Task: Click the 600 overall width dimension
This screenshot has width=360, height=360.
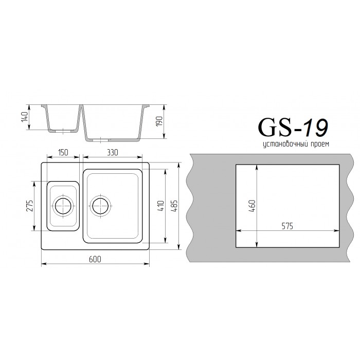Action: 95,259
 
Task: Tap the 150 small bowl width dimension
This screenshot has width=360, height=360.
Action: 63,152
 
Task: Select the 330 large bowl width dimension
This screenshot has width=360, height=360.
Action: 113,152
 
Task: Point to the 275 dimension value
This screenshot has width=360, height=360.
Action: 30,206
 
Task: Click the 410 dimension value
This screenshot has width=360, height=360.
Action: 161,206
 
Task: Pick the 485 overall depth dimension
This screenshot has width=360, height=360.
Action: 174,206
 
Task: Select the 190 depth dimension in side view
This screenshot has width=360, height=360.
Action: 159,121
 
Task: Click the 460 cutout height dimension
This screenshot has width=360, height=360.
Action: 252,206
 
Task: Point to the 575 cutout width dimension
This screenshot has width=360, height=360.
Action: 287,226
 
